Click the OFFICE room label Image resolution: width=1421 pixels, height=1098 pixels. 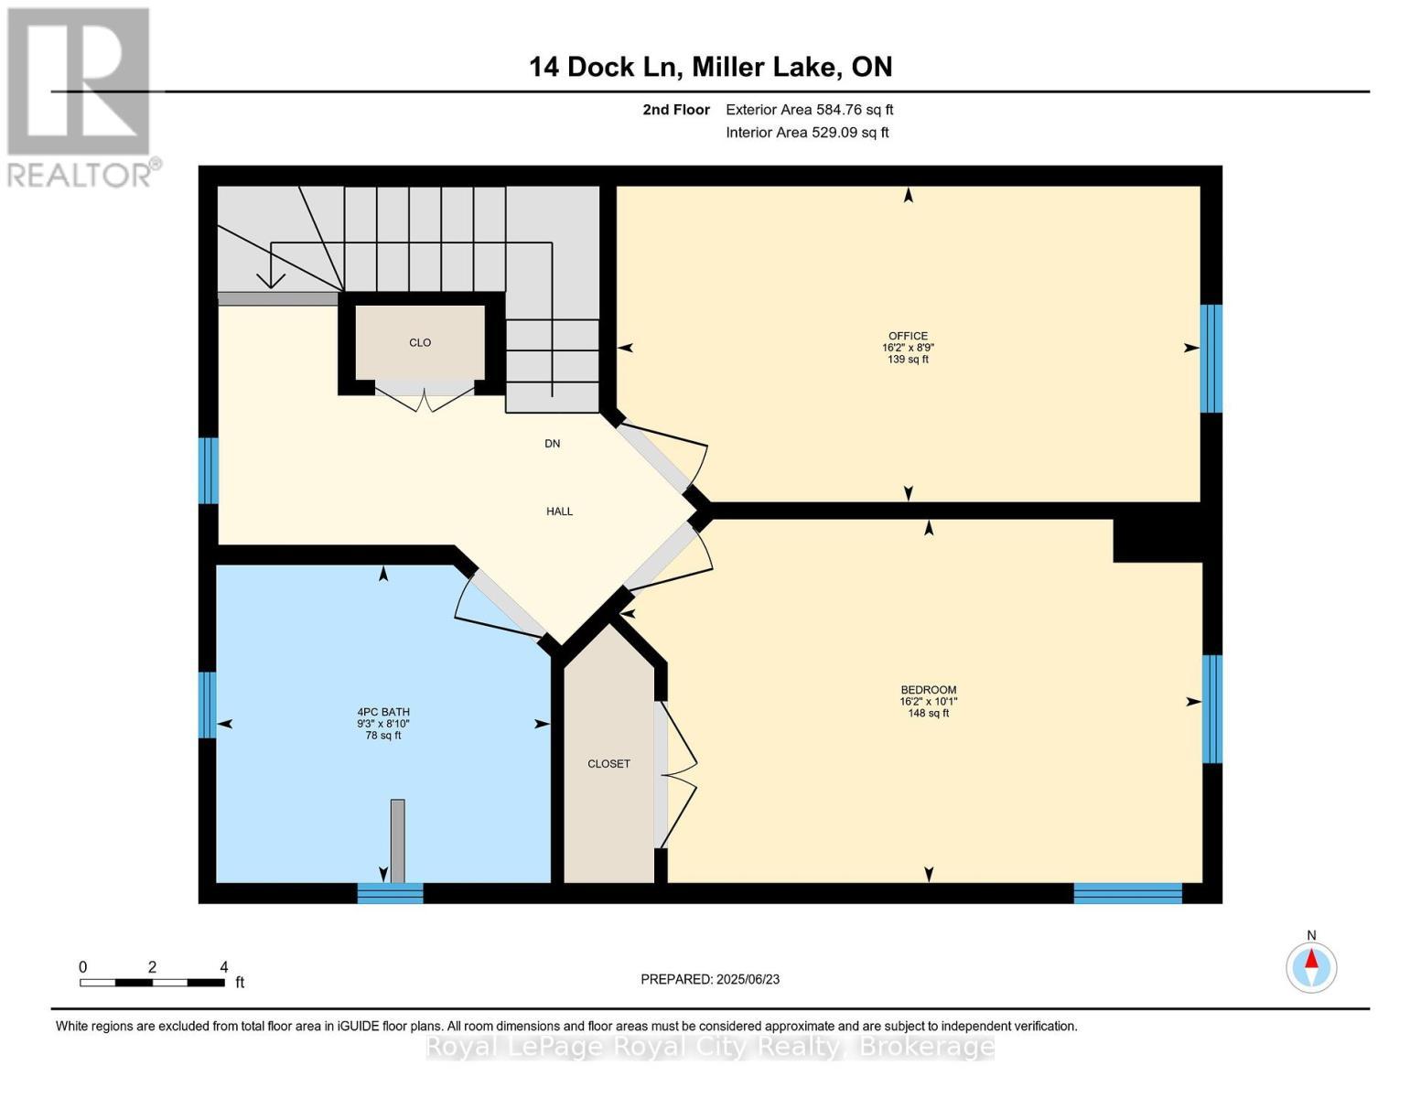(x=908, y=336)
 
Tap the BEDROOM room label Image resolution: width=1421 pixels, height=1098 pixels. (x=928, y=690)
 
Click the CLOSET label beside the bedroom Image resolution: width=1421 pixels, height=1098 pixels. (x=608, y=764)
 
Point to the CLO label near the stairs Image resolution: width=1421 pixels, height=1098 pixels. (x=420, y=342)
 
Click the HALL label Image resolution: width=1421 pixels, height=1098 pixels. (x=559, y=511)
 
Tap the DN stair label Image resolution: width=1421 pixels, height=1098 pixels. (x=552, y=444)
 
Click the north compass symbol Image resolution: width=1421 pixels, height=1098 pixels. (x=1311, y=966)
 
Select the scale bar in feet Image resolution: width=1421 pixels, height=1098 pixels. (x=152, y=982)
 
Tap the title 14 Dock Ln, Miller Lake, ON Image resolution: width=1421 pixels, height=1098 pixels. (x=710, y=67)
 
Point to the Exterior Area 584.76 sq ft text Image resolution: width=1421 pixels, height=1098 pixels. (x=809, y=110)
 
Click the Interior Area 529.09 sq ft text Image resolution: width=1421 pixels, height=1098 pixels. (x=807, y=133)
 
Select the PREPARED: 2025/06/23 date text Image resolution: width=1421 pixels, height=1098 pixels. (x=710, y=979)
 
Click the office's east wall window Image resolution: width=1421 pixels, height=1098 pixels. (x=1211, y=359)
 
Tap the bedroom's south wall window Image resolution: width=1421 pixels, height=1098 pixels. (x=1127, y=893)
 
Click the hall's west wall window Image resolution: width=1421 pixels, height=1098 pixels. (x=209, y=470)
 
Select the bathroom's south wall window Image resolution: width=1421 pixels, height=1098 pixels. (x=390, y=893)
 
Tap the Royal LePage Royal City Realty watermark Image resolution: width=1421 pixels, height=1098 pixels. (x=710, y=1047)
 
